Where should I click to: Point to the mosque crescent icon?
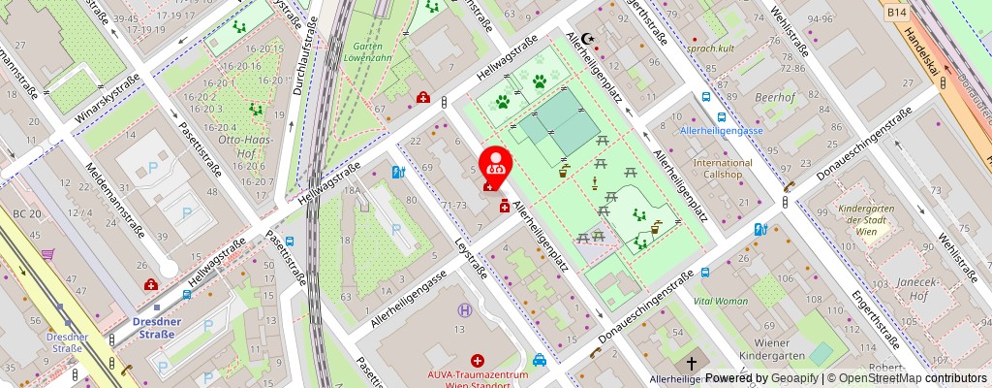pos(585,40)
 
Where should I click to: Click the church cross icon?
pos(691,364)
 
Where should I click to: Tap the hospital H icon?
pos(466,311)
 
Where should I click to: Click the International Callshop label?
pos(722,169)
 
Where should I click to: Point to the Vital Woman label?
pos(721,301)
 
